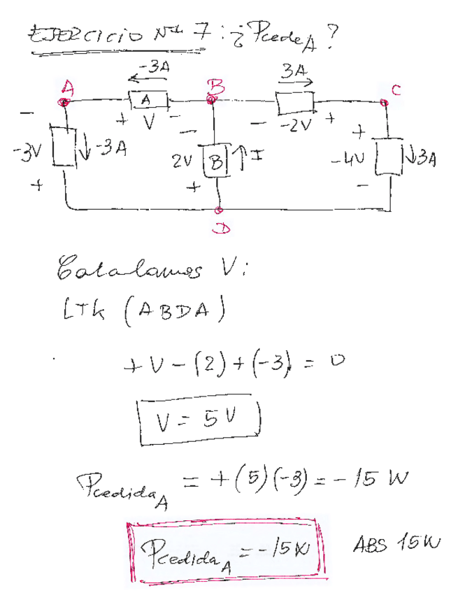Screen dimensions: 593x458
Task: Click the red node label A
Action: click(69, 87)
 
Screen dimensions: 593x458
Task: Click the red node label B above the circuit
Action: click(214, 87)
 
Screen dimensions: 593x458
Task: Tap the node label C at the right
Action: click(396, 89)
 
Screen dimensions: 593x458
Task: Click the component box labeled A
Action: click(146, 101)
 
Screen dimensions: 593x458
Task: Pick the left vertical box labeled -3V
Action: click(64, 146)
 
